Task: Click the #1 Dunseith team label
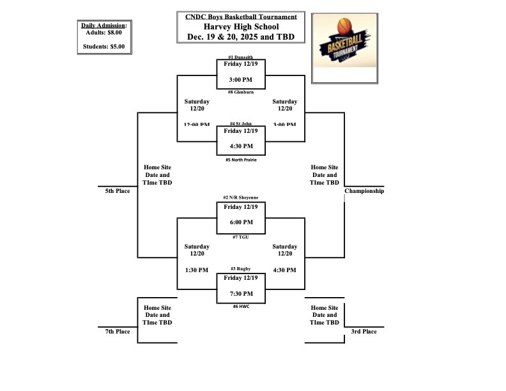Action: [240, 57]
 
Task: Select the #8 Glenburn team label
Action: [240, 92]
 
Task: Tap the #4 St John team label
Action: [240, 124]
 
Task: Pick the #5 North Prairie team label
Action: [240, 160]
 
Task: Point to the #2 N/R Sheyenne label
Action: [240, 198]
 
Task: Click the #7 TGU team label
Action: [240, 236]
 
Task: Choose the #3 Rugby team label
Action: [240, 269]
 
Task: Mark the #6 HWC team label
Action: [240, 307]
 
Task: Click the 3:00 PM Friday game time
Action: [240, 79]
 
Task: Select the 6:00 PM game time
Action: [240, 222]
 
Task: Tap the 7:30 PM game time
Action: [240, 294]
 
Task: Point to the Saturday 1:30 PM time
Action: [196, 270]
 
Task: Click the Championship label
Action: [364, 191]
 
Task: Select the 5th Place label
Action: [118, 191]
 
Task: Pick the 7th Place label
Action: [118, 332]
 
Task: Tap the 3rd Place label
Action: [364, 332]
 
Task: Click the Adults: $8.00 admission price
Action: [104, 32]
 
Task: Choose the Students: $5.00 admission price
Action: [104, 47]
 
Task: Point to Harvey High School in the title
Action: [241, 27]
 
